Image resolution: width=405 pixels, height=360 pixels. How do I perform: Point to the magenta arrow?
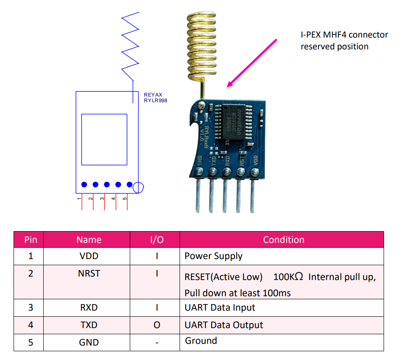pos(252,62)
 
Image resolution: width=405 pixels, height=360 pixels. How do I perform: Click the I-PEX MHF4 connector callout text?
pos(344,41)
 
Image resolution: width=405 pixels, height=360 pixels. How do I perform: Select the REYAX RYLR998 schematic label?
pos(156,97)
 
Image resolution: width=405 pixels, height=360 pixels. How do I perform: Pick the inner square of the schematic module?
pos(104,139)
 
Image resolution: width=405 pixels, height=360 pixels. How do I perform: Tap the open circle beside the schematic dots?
pos(138,188)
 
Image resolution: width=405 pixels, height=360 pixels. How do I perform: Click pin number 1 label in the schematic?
pos(80,199)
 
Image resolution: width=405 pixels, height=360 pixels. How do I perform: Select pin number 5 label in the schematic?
pos(125,199)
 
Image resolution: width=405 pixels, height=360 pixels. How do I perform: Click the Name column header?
pos(89,240)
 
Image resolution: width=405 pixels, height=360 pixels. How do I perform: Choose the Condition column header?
pos(283,240)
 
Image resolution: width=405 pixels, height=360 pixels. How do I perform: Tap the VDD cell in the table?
pos(89,256)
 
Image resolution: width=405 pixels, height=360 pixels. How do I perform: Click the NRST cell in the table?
pos(89,274)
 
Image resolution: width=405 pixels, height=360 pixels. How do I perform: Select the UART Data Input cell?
pos(220,308)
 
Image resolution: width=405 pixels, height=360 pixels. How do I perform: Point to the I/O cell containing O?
pos(156,325)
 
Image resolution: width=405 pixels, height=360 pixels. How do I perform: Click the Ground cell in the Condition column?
pos(201,341)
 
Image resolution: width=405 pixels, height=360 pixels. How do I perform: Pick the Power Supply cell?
pos(213,256)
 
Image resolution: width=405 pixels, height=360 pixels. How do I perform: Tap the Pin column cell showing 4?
pos(31,325)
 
